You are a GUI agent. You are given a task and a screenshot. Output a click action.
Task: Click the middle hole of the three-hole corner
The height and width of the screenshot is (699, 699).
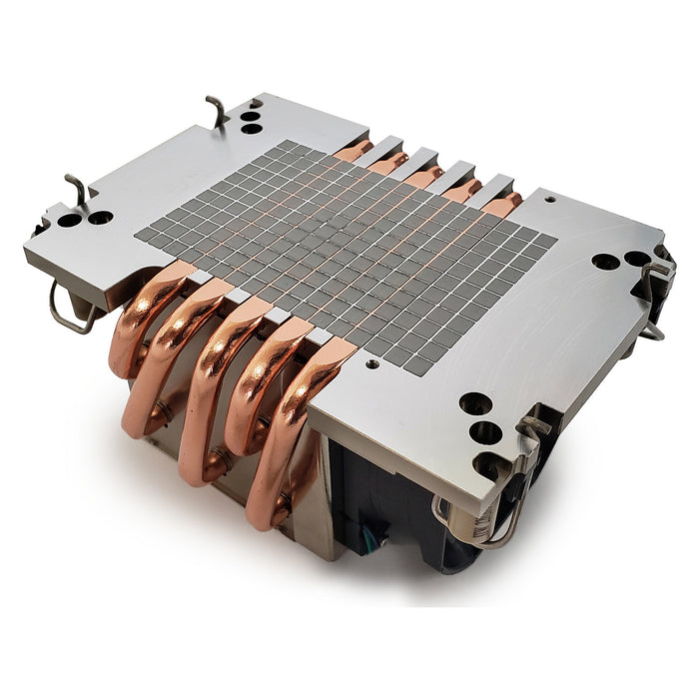(x=485, y=432)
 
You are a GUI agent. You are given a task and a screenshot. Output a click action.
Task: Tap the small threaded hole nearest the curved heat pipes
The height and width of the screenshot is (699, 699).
(x=372, y=364)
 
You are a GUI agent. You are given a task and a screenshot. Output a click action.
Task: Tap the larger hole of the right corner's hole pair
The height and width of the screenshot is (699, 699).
(x=605, y=262)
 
